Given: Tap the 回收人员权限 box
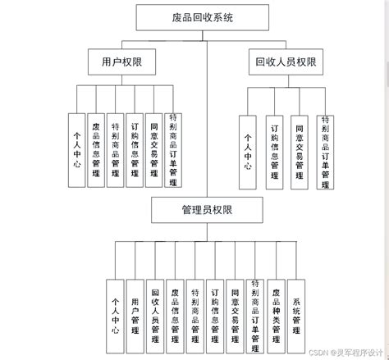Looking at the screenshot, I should coord(285,61).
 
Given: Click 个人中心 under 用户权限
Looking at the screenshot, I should coord(76,148).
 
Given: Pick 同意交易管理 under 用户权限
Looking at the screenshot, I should coord(153,148).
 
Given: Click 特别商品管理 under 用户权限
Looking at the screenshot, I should coord(115,148).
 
